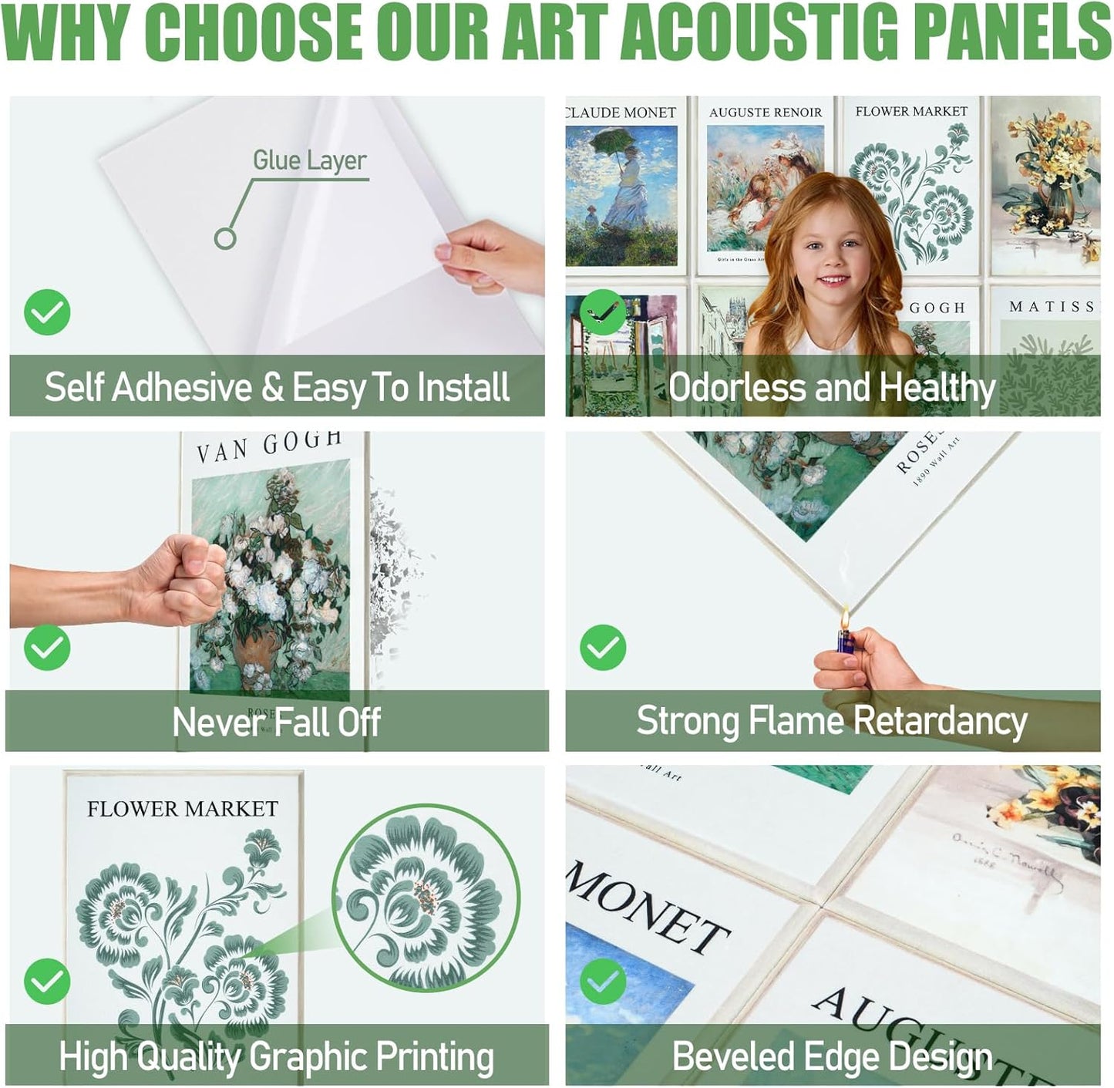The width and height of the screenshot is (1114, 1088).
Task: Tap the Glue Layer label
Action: tap(309, 160)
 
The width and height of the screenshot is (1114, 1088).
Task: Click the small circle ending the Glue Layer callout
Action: tap(225, 238)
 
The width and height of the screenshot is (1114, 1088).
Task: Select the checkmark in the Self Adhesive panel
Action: tap(47, 312)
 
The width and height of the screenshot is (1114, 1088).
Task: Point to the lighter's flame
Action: tap(845, 617)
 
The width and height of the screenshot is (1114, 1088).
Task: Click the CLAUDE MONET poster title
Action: tap(621, 113)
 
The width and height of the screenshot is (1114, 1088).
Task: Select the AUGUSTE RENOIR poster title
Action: tap(766, 113)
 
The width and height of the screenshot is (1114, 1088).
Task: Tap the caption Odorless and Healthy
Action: tap(832, 387)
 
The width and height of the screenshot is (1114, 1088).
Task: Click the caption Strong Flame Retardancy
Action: tap(832, 722)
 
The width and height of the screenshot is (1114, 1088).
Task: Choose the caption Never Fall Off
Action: tap(276, 723)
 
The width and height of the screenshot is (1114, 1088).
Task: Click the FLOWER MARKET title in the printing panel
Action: tap(183, 809)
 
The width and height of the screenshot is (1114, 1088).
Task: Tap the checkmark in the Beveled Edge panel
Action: tap(602, 981)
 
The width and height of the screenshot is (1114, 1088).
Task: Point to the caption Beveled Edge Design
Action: tap(832, 1056)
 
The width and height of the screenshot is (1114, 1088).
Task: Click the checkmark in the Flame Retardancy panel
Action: tap(602, 647)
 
